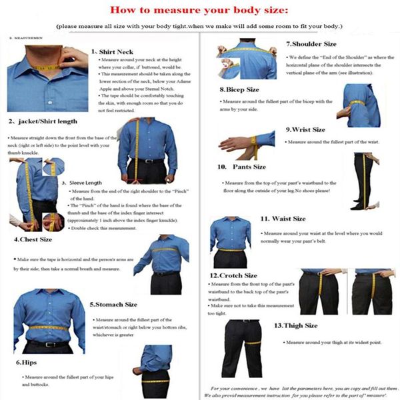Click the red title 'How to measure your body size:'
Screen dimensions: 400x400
coord(199,11)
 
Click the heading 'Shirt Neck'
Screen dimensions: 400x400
coord(115,51)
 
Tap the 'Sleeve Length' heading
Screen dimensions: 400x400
coord(86,182)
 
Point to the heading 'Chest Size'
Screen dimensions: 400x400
coord(34,239)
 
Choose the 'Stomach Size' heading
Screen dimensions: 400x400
coord(113,304)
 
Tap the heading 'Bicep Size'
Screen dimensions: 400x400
coord(239,89)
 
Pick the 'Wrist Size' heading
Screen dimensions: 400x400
coord(305,129)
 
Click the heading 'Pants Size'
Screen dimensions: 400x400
coord(242,167)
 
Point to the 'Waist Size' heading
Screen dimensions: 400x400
coord(283,218)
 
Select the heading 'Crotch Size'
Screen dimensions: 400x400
coord(233,275)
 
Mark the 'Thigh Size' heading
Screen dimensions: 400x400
coord(296,325)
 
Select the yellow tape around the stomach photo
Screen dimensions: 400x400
coord(49,328)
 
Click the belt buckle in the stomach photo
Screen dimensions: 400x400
coord(49,344)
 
